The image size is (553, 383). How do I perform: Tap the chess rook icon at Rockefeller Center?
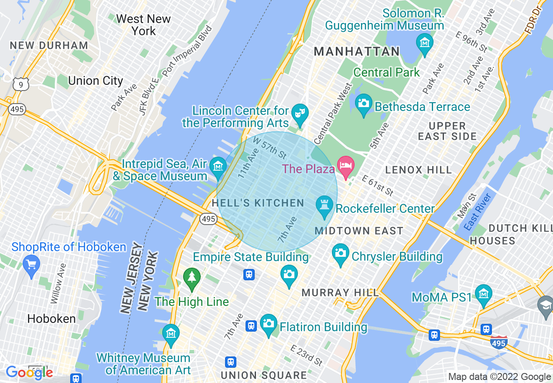(x=324, y=206)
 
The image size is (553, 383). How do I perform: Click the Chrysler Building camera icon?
(x=340, y=253)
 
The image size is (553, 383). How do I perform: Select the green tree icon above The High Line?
(x=191, y=277)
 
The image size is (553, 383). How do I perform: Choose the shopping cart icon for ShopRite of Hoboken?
(x=31, y=265)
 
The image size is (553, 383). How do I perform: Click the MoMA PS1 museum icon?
(x=483, y=294)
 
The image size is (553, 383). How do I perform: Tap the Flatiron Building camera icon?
(x=269, y=323)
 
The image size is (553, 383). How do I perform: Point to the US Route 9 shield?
(x=20, y=84)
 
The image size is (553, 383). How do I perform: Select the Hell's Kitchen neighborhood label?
(x=258, y=203)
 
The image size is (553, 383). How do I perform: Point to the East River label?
(x=478, y=212)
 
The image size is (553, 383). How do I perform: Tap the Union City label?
(x=96, y=81)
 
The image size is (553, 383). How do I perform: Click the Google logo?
(x=30, y=372)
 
